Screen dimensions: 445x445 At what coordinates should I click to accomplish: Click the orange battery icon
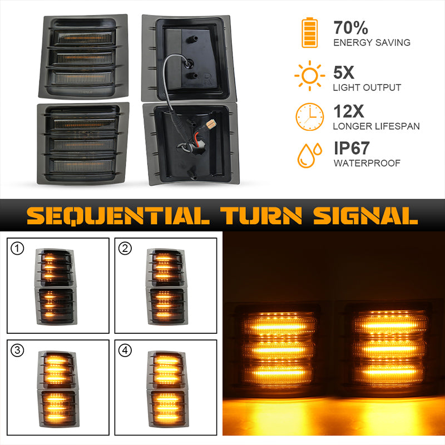(309, 33)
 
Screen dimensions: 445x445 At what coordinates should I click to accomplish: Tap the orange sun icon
(310, 76)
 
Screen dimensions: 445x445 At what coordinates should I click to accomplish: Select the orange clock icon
(310, 117)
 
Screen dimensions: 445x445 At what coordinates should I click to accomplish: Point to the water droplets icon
(310, 155)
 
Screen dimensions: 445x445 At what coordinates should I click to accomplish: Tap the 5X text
(344, 72)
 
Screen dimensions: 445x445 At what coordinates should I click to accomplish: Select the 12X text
(349, 111)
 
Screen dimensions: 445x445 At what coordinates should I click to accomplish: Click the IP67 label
(352, 148)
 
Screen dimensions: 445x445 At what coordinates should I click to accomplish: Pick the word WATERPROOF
(367, 163)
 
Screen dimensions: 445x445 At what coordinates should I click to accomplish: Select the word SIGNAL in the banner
(366, 216)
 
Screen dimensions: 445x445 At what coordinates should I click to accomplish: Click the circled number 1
(17, 248)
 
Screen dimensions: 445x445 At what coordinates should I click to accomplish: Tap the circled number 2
(125, 248)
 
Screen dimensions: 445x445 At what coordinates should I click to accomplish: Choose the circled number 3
(17, 350)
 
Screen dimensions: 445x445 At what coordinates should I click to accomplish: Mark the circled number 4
(125, 350)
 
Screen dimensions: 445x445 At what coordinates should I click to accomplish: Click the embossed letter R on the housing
(207, 79)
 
